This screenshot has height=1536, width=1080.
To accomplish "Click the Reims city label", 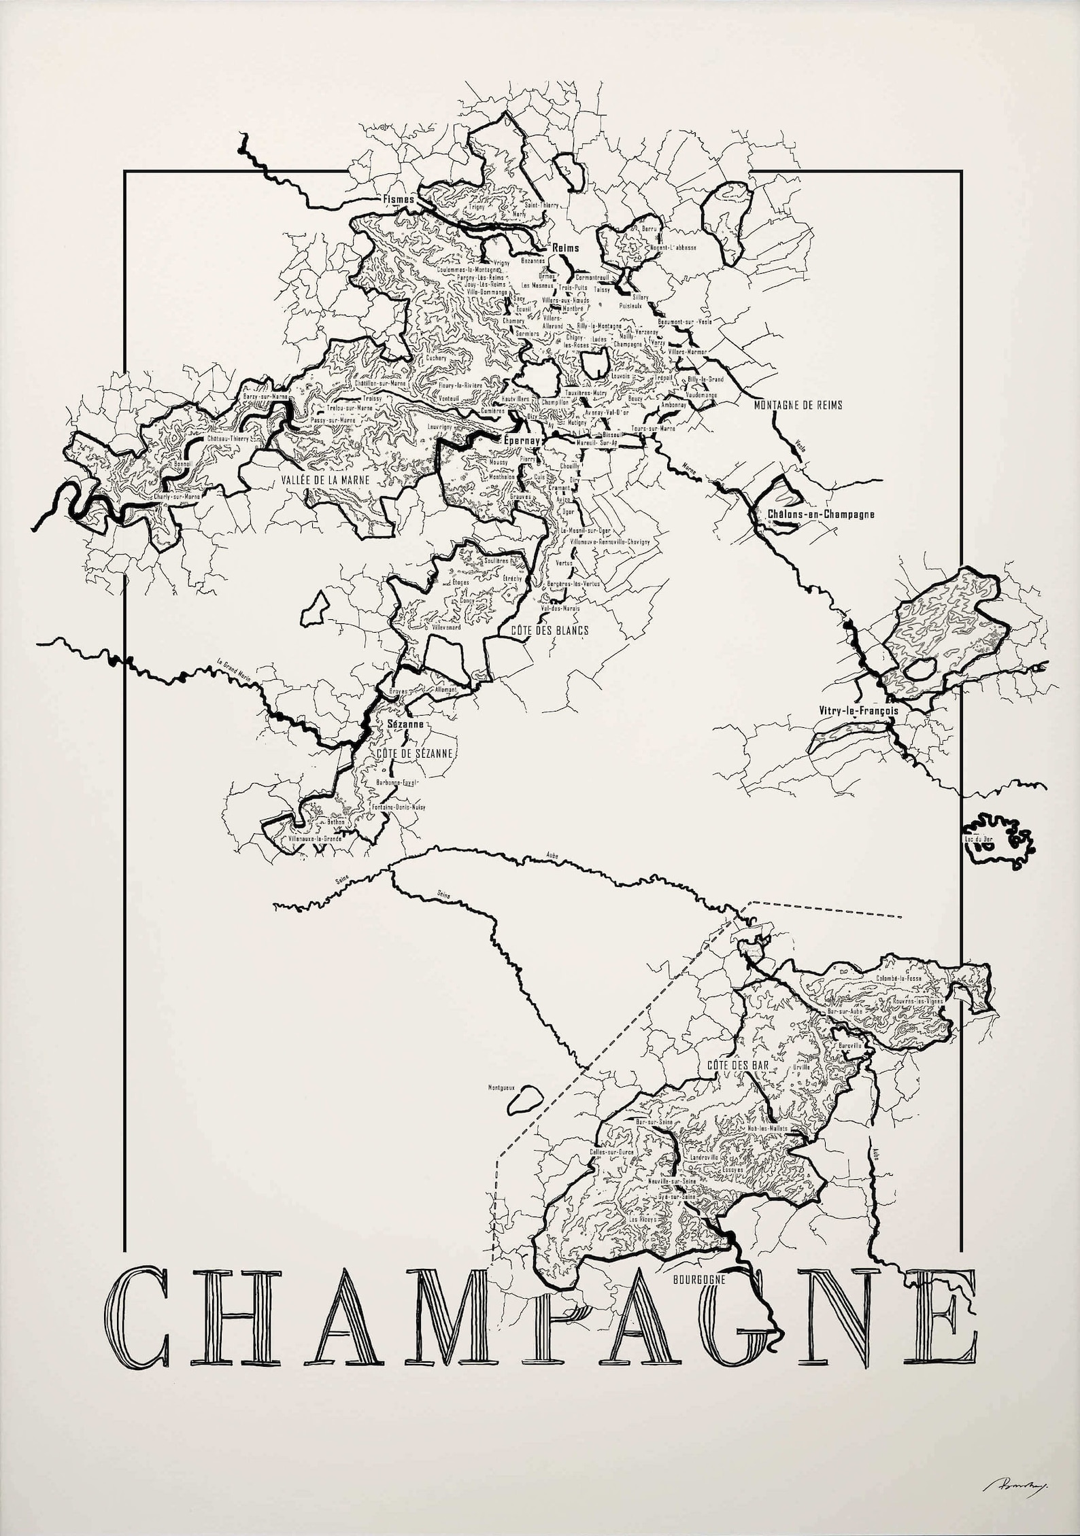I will (x=566, y=247).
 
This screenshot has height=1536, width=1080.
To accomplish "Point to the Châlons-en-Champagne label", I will (x=820, y=514).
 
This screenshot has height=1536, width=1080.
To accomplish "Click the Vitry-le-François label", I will (x=860, y=710).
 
